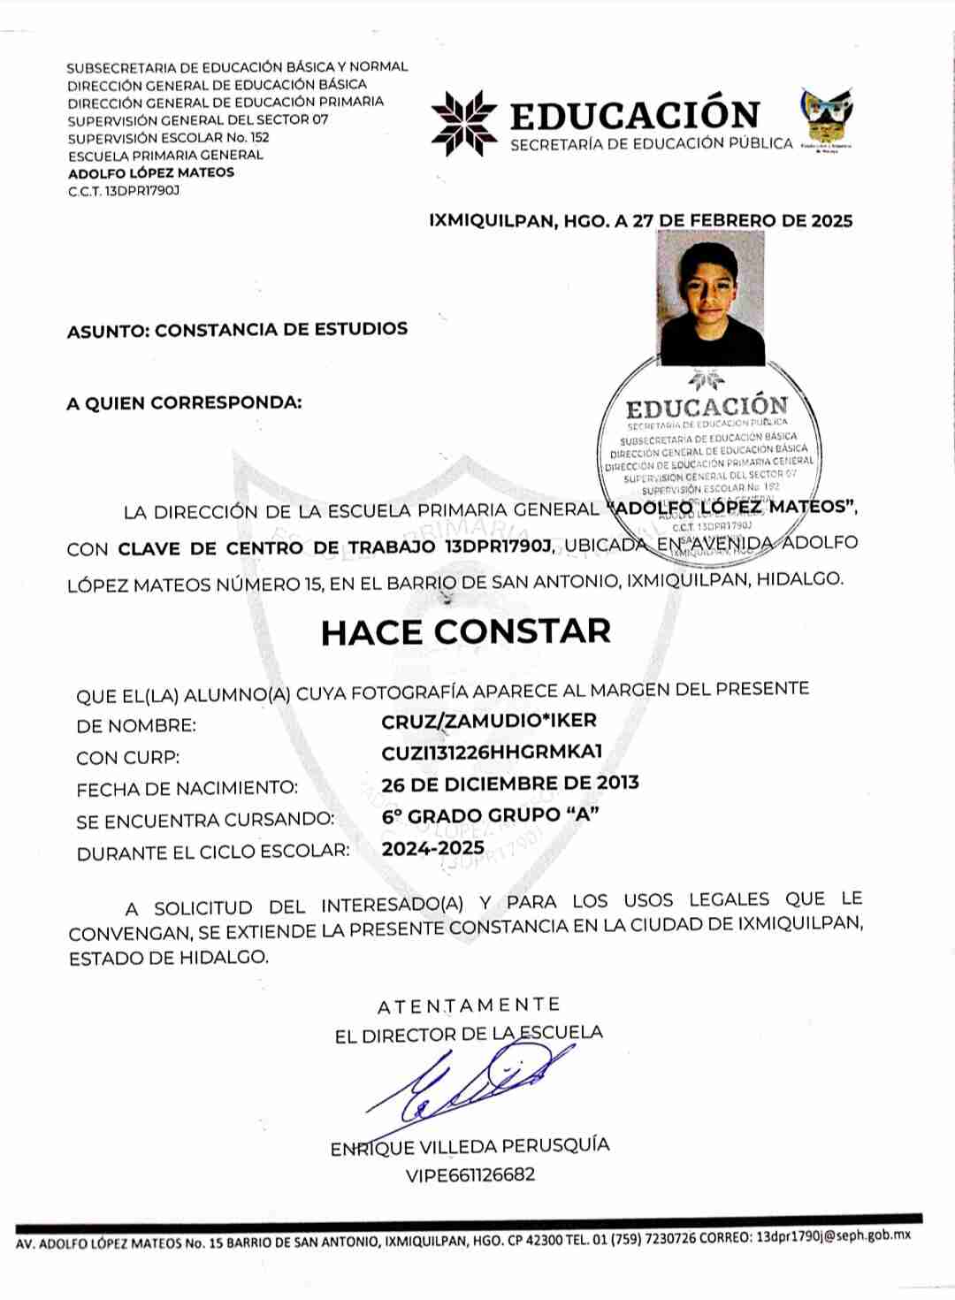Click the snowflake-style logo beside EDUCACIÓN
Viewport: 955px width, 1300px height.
(464, 123)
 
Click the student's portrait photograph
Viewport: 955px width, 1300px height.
(712, 298)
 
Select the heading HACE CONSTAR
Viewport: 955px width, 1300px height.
(466, 631)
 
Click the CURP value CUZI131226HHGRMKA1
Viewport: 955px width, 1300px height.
(492, 753)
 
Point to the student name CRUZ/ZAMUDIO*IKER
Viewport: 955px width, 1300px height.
(489, 721)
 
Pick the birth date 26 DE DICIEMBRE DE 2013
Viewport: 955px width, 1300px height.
(510, 784)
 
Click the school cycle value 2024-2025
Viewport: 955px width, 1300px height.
(433, 848)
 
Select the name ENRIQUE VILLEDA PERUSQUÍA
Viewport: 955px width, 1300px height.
(470, 1146)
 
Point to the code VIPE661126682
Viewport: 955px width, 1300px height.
(470, 1175)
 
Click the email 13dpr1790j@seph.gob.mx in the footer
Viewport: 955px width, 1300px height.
(833, 1236)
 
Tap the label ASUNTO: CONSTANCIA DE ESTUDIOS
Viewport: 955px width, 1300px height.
(237, 330)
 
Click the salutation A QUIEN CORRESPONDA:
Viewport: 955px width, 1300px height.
(184, 403)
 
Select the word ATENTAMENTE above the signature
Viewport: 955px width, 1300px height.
(469, 1006)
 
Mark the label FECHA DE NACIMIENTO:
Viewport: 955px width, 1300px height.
(187, 788)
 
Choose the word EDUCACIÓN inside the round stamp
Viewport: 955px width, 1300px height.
(707, 408)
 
